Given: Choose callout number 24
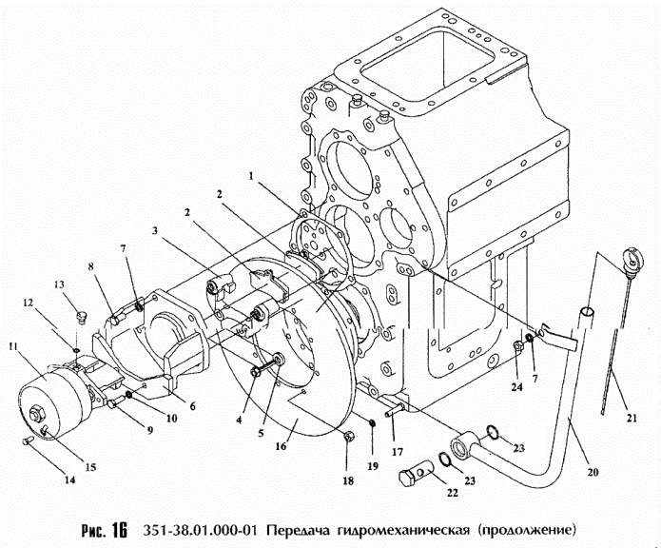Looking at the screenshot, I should pyautogui.click(x=515, y=387).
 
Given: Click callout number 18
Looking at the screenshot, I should pyautogui.click(x=348, y=481).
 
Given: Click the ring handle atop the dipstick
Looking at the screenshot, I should pyautogui.click(x=628, y=260).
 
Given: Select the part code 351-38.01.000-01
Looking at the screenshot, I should pyautogui.click(x=200, y=529).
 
